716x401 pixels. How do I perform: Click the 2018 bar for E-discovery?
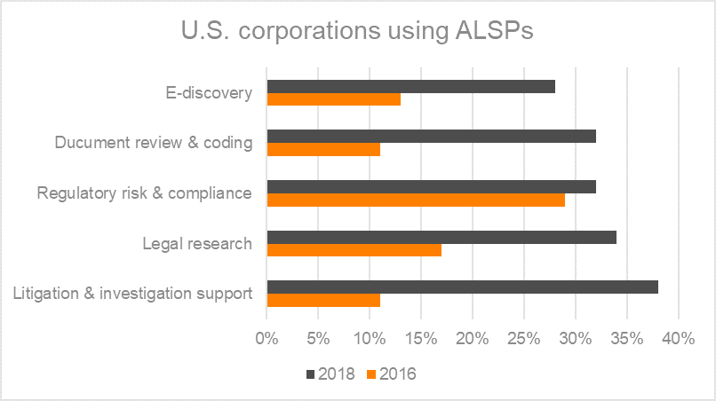(410, 86)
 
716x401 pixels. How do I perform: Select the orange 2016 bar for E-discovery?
(333, 98)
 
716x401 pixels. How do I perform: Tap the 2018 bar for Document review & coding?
(431, 137)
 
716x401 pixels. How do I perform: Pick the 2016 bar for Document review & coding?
(323, 149)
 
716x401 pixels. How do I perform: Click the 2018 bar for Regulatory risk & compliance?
(431, 187)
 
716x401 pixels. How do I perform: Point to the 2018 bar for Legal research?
(442, 237)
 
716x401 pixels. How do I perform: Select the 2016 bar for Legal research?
(354, 250)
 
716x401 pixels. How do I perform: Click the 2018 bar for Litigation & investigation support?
(462, 287)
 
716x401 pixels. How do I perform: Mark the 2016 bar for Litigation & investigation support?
(323, 300)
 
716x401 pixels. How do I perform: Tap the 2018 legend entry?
(330, 373)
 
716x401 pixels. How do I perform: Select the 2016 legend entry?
(389, 373)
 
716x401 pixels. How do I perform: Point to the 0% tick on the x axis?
(267, 338)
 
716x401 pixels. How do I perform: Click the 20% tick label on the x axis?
(473, 338)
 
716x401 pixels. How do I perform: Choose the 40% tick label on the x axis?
(678, 338)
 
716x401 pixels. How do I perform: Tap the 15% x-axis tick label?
(421, 338)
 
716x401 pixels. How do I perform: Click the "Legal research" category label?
(197, 243)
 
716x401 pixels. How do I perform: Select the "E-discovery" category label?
(209, 92)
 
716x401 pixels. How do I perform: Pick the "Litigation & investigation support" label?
(134, 294)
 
